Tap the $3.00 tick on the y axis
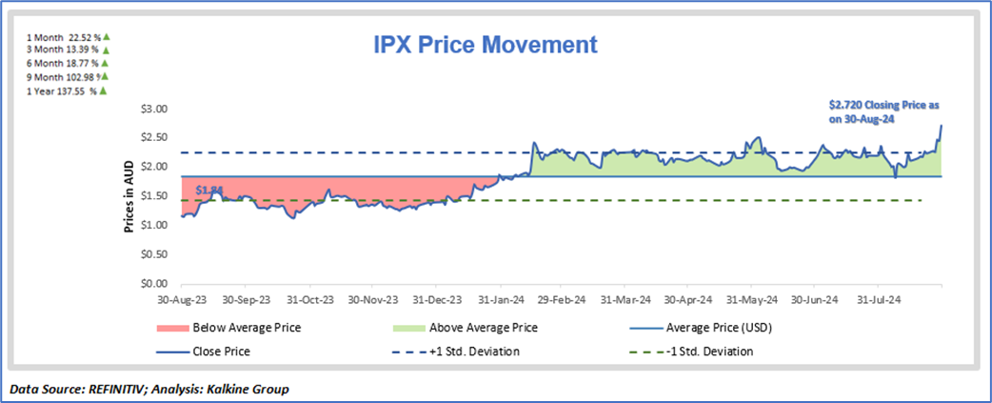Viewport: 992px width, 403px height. pyautogui.click(x=154, y=109)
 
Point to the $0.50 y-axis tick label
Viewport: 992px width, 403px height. pyautogui.click(x=154, y=254)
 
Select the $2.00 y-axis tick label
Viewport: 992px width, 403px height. pyautogui.click(x=154, y=167)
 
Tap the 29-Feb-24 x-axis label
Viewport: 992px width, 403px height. pyautogui.click(x=559, y=299)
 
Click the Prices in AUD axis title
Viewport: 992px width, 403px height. pyautogui.click(x=129, y=195)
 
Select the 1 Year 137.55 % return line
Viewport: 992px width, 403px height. pyautogui.click(x=63, y=90)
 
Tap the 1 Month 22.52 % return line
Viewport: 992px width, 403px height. pyautogui.click(x=63, y=36)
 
